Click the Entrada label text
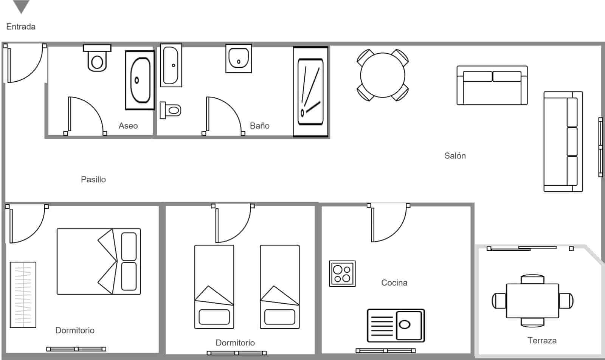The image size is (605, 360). click(21, 27)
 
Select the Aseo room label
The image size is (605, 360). click(128, 126)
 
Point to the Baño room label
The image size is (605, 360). click(260, 126)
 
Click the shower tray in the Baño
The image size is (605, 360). click(310, 92)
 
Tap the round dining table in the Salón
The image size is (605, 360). click(383, 75)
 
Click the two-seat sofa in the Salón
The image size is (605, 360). click(492, 85)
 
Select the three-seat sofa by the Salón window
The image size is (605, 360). click(563, 141)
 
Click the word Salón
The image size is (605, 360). click(455, 156)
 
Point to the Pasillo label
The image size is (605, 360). click(93, 180)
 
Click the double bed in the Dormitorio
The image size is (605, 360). click(99, 261)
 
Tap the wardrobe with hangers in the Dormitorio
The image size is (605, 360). click(23, 295)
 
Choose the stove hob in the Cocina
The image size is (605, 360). click(342, 274)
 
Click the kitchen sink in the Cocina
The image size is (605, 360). click(396, 325)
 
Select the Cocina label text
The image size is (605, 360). click(394, 283)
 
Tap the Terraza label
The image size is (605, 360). click(542, 341)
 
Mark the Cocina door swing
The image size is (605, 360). click(388, 223)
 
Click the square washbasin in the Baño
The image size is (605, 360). click(239, 59)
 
